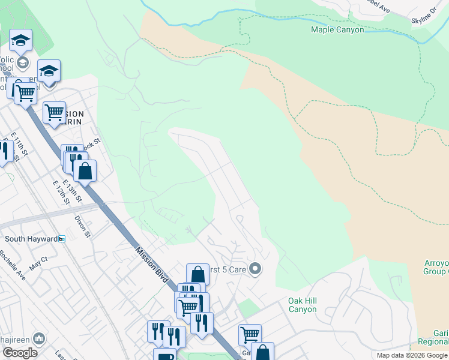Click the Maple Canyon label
click(337, 29)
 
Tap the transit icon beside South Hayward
click(61, 239)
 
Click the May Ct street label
click(38, 262)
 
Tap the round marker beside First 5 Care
click(255, 269)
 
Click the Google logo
click(20, 352)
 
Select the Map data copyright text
click(412, 355)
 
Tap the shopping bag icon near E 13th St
click(85, 170)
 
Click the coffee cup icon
click(164, 356)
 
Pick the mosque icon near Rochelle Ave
click(40, 338)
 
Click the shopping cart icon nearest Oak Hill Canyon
click(250, 334)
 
